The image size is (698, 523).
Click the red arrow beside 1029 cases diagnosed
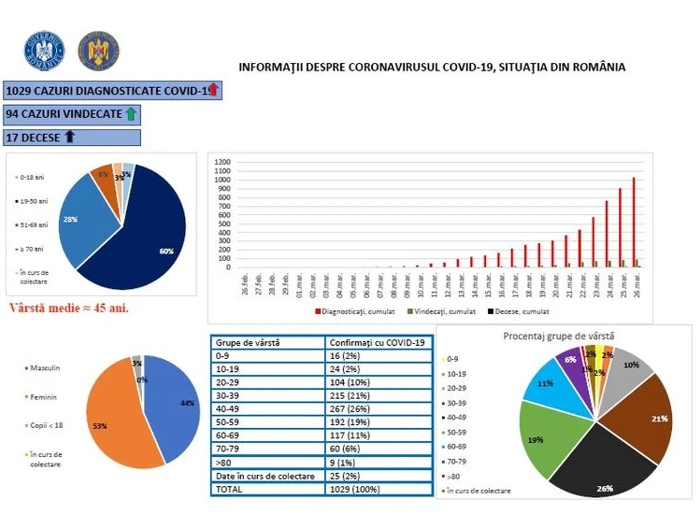(213, 90)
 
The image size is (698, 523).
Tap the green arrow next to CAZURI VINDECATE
(131, 114)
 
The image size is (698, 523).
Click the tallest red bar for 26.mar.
(633, 222)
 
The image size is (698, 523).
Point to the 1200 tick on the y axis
(223, 162)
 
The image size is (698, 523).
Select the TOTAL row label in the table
(229, 489)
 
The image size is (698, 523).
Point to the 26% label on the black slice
(604, 488)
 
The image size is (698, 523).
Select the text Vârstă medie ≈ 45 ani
(69, 308)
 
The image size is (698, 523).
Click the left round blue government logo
(44, 51)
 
